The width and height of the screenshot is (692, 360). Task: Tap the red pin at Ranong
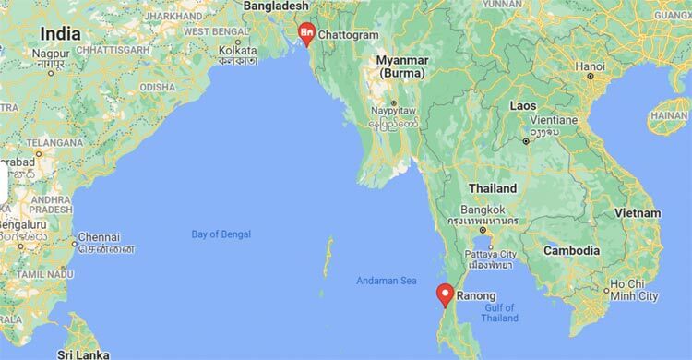click(445, 294)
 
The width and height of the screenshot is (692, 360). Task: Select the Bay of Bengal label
click(221, 234)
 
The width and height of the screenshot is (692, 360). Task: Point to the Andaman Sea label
click(386, 281)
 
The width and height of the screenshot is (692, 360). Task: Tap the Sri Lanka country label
click(84, 354)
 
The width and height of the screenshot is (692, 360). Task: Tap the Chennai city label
click(99, 236)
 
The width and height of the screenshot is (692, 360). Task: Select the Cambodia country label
click(572, 250)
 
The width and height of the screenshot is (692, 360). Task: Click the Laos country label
click(523, 105)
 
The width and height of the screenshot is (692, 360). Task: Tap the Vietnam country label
click(639, 212)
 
